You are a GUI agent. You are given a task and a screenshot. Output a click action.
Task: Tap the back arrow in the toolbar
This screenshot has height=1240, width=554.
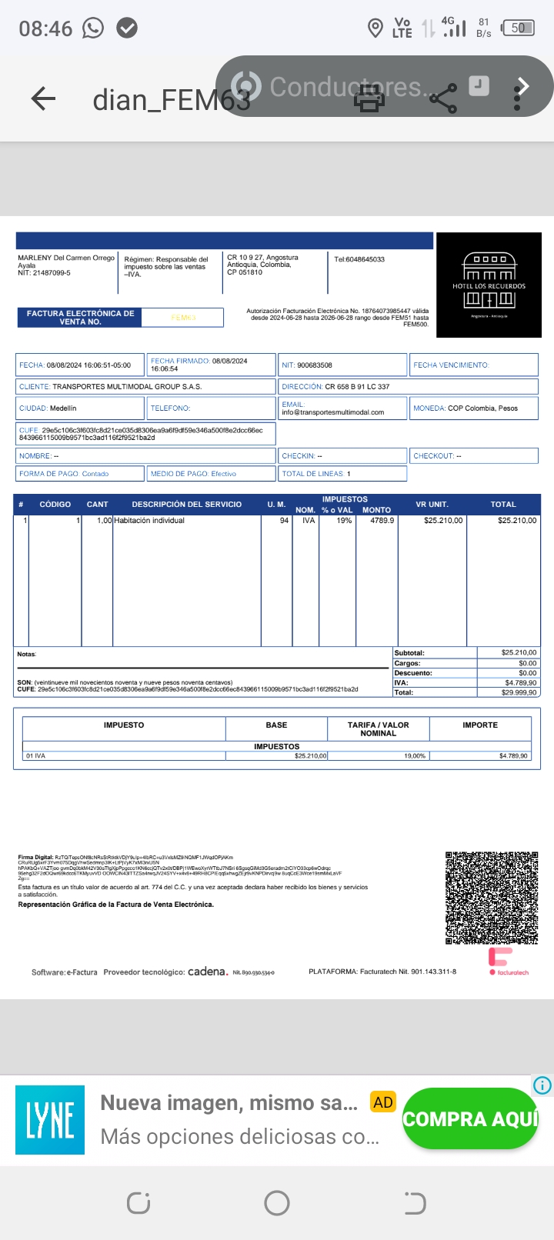[43, 98]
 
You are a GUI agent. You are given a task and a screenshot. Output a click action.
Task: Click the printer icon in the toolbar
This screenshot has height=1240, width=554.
[369, 98]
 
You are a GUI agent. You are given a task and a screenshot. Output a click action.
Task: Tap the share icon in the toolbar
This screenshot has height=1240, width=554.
[442, 98]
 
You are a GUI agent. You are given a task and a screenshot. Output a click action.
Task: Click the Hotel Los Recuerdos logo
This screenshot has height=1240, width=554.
[489, 285]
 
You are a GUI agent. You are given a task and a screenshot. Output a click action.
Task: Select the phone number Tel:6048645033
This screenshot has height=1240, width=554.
[359, 259]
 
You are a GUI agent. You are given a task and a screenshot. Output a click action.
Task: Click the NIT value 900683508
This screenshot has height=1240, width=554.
[315, 365]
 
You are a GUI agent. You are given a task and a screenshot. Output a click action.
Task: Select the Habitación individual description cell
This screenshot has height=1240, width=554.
[149, 521]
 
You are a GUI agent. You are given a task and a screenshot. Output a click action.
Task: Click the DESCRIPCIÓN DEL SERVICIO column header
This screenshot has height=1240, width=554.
[186, 505]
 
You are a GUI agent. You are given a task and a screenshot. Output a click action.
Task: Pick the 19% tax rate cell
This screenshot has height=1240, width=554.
[344, 521]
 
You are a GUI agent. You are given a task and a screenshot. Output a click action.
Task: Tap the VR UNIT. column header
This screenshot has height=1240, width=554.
[432, 505]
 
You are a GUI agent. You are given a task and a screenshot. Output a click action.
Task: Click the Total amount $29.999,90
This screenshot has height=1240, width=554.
[519, 692]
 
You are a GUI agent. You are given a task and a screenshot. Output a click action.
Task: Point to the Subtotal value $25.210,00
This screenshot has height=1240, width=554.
[519, 652]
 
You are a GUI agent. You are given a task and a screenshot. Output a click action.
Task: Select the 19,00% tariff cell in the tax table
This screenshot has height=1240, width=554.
[415, 756]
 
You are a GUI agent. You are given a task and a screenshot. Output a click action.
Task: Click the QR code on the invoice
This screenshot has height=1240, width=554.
[492, 898]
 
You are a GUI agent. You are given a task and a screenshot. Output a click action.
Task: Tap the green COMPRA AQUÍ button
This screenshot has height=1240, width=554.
[469, 1118]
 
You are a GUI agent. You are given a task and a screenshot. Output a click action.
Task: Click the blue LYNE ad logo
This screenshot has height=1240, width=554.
[50, 1119]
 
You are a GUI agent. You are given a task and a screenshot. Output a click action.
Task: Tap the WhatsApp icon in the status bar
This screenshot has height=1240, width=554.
[93, 28]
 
